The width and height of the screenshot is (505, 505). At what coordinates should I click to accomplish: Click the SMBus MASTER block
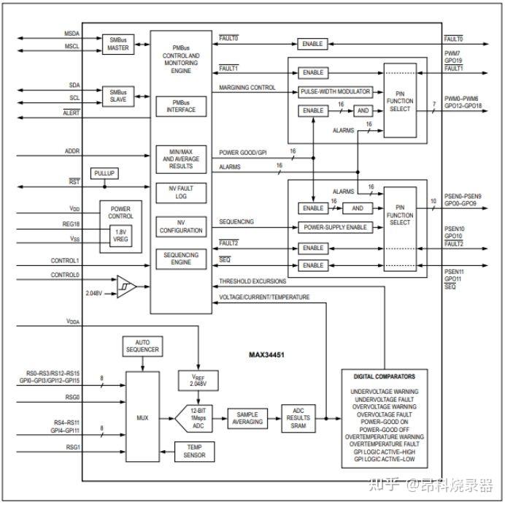point(118,44)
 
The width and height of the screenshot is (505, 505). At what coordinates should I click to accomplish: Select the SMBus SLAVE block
point(118,96)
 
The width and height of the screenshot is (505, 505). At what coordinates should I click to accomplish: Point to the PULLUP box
point(104,173)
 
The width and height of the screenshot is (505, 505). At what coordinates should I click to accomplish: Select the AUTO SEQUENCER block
point(142,346)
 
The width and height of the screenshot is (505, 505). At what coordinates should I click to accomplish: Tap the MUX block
point(142,417)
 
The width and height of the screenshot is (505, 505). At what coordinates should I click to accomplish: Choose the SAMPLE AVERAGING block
point(247,418)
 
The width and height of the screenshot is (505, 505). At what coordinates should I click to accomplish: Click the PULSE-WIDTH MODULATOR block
point(335,91)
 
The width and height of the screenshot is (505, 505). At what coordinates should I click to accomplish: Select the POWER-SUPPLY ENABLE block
point(335,227)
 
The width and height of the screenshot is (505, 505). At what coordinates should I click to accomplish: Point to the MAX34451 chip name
point(267,354)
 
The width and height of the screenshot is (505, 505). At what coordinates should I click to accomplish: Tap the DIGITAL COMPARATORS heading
point(384,377)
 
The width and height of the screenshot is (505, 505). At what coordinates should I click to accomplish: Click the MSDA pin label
point(72,34)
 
